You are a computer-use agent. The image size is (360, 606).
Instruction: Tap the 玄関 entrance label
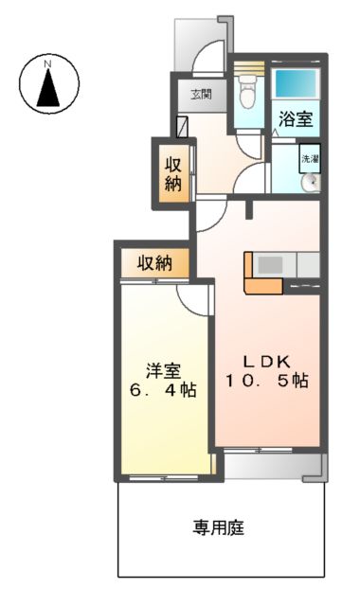[200, 95]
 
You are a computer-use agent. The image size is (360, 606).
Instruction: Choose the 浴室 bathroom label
[295, 120]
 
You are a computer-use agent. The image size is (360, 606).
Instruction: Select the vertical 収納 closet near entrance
[174, 172]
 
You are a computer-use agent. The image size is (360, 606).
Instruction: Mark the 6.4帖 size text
[163, 390]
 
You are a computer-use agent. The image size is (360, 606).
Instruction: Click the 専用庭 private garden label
[220, 528]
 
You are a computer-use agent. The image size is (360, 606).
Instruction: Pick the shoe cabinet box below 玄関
[183, 126]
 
